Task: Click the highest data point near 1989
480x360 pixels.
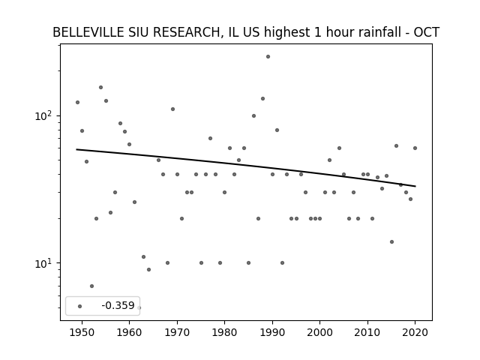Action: click(268, 57)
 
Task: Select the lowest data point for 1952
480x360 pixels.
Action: click(91, 286)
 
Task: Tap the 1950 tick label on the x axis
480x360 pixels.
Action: click(82, 333)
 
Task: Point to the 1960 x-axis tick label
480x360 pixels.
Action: click(129, 333)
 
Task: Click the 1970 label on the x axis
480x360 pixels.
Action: click(177, 333)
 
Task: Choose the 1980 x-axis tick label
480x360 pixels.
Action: click(224, 333)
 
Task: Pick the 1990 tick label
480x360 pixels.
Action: click(272, 333)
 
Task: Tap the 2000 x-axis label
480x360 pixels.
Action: click(319, 333)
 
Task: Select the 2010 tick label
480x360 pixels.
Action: click(367, 333)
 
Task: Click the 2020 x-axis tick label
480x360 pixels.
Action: click(415, 333)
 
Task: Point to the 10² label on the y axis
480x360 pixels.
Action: click(43, 115)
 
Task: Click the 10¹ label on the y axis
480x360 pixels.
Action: click(43, 263)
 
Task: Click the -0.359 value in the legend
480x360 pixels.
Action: click(118, 305)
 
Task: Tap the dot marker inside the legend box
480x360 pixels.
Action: click(80, 307)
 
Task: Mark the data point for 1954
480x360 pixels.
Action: click(100, 88)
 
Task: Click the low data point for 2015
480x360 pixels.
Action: click(391, 241)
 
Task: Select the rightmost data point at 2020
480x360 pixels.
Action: click(415, 148)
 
